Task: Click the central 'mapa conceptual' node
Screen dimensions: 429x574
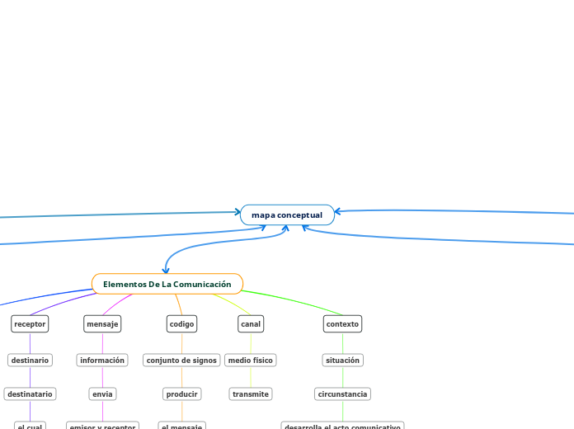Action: [x=287, y=215]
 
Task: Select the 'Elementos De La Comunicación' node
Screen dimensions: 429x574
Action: [x=167, y=284]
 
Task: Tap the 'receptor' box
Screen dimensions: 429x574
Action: [x=30, y=324]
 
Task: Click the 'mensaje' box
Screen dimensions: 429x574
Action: [x=102, y=324]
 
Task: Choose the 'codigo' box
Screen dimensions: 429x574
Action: [x=181, y=324]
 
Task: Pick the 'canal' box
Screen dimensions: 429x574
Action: [x=250, y=324]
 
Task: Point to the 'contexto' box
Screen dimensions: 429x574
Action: [x=342, y=324]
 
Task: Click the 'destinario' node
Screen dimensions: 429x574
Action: [x=30, y=361]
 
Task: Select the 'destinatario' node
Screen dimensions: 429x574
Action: [x=30, y=394]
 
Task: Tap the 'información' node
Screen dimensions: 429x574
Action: [x=102, y=361]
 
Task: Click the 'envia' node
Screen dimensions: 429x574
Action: [x=102, y=394]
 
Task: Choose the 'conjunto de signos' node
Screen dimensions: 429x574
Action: [x=181, y=361]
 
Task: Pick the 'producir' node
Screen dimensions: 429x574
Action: [x=181, y=394]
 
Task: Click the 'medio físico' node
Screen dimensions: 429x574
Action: [x=250, y=361]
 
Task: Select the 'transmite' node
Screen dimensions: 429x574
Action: [x=250, y=394]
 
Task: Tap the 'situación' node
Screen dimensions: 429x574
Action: [x=342, y=361]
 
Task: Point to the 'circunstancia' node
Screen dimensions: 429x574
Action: [x=342, y=394]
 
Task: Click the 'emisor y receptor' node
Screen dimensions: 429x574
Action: [x=102, y=426]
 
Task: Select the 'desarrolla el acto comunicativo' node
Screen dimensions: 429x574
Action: [x=342, y=426]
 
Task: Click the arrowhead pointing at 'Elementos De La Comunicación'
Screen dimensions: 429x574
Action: [x=167, y=271]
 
